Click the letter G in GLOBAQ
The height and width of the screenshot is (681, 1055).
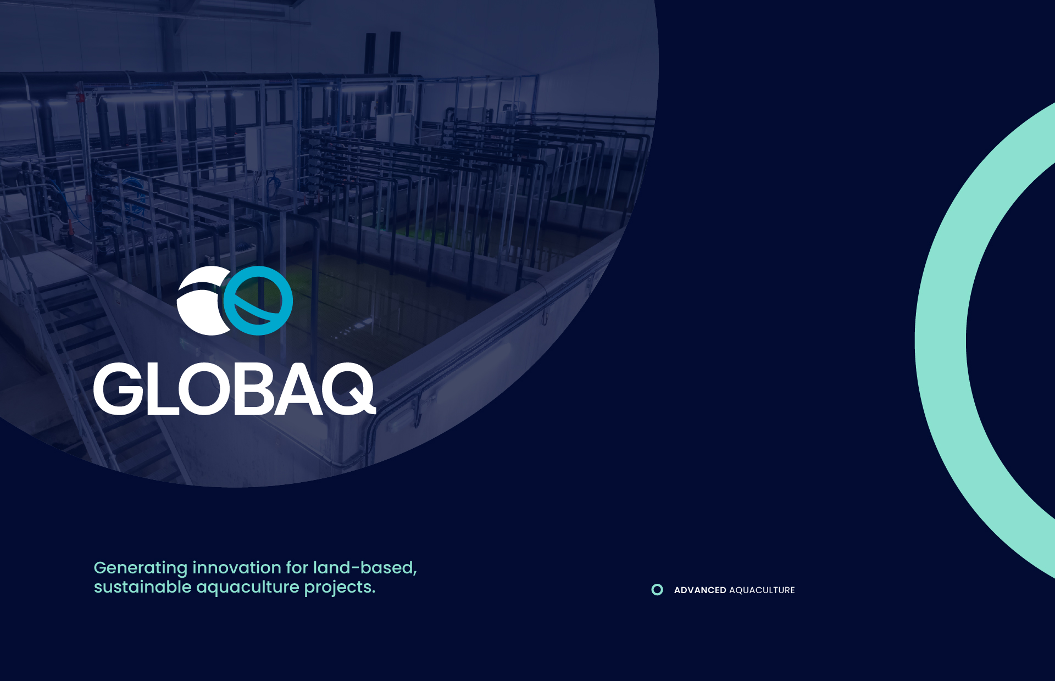click(x=119, y=389)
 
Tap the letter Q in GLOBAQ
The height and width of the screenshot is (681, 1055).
click(x=348, y=389)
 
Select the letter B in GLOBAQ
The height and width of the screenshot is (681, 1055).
click(x=254, y=389)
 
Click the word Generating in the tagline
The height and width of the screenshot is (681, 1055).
click(x=141, y=568)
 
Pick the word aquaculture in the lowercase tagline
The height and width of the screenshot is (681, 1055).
click(x=248, y=588)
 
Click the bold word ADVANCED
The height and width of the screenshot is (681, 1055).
click(x=700, y=590)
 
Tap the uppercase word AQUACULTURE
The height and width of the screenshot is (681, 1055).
click(x=762, y=590)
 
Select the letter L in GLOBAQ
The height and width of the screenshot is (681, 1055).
click(x=163, y=389)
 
